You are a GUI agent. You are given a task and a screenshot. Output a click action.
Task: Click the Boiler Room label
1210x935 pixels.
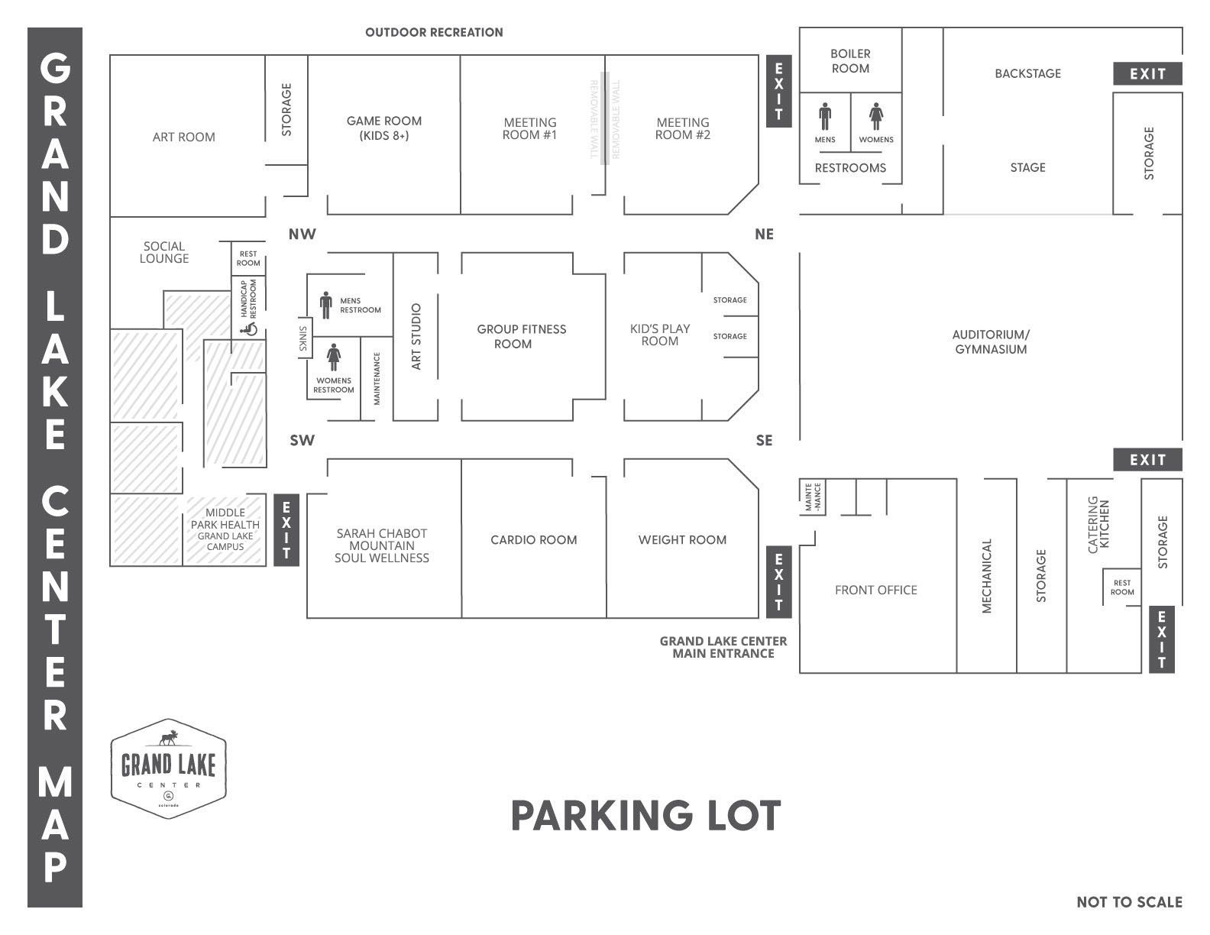[850, 61]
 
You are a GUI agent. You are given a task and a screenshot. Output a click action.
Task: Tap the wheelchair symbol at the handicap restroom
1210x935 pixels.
[248, 329]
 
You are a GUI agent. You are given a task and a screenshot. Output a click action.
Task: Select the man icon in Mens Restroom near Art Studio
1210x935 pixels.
[326, 305]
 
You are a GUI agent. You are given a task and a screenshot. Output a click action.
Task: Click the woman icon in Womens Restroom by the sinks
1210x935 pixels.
[334, 357]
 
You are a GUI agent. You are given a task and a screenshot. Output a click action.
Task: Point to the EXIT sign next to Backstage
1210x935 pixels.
[1147, 74]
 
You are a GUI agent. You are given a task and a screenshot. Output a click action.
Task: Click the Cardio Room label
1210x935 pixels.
[533, 540]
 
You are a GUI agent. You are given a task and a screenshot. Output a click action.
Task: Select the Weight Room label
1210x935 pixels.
[682, 540]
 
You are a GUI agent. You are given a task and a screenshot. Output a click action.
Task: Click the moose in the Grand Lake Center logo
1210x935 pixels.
[168, 739]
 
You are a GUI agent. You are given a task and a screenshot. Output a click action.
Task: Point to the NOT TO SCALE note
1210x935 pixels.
[1129, 902]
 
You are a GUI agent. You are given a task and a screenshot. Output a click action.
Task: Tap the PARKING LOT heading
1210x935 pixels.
[645, 816]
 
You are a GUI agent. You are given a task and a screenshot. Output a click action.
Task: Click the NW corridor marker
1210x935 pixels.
[302, 235]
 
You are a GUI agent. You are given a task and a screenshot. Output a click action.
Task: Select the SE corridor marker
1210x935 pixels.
[764, 441]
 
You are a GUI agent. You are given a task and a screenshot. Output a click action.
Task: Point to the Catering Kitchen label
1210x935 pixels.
[1098, 525]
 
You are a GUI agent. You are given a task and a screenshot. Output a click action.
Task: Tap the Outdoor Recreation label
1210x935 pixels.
[434, 32]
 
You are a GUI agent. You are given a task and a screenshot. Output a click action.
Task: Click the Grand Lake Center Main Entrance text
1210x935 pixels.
[723, 647]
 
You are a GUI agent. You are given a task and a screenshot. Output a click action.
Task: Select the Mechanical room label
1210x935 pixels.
[986, 576]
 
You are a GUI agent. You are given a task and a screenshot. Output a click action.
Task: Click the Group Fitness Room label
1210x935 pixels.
[521, 336]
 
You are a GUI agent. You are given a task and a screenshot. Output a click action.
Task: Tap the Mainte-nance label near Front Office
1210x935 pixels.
[813, 497]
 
